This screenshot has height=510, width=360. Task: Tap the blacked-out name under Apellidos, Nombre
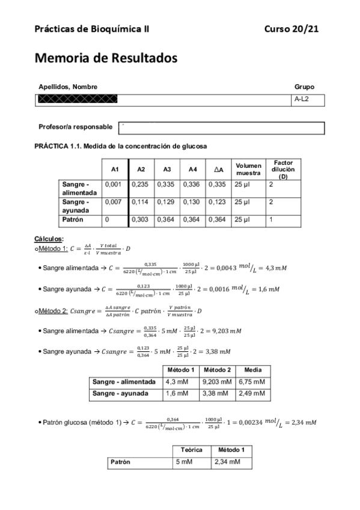[x=78, y=99]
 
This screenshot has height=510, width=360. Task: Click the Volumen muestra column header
[x=248, y=170]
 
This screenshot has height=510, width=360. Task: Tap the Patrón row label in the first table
[x=73, y=220]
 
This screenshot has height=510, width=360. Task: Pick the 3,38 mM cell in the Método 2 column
[x=216, y=393]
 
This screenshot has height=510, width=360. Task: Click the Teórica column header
[x=191, y=449]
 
